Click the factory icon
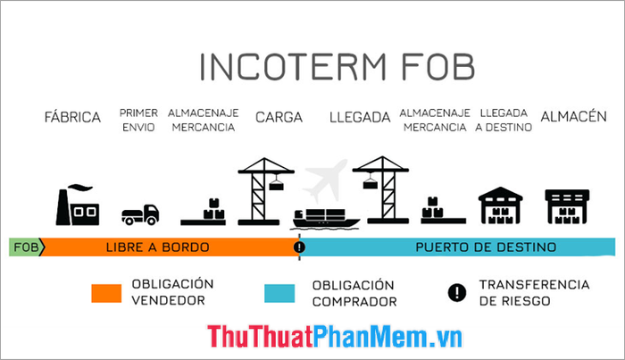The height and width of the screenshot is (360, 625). coord(78,205)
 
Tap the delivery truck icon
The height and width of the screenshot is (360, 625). coord(140,214)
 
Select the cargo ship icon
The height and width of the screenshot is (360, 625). coord(325,219)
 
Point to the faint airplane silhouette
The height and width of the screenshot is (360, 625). coord(324,181)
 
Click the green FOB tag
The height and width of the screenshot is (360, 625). coord(26,247)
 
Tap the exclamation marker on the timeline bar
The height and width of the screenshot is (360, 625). coord(299,247)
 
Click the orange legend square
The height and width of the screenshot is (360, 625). coord(106,293)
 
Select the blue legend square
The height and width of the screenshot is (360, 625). coord(279,293)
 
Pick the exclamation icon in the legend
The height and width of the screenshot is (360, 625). coord(457,293)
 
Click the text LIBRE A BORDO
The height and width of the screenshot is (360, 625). coord(158,247)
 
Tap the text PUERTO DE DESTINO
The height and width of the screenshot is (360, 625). coord(486,247)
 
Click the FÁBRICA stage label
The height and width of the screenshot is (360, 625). coord(72,117)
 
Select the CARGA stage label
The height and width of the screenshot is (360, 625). coord(279,117)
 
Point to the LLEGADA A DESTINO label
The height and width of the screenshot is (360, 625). coord(504,120)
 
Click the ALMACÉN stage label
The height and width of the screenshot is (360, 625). coord(573,116)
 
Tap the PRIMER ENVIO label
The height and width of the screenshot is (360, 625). coord(138,120)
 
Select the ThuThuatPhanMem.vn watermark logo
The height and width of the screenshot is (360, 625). coord(335,336)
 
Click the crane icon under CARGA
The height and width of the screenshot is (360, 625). coord(266,191)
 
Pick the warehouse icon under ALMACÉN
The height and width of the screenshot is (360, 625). coord(567,206)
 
